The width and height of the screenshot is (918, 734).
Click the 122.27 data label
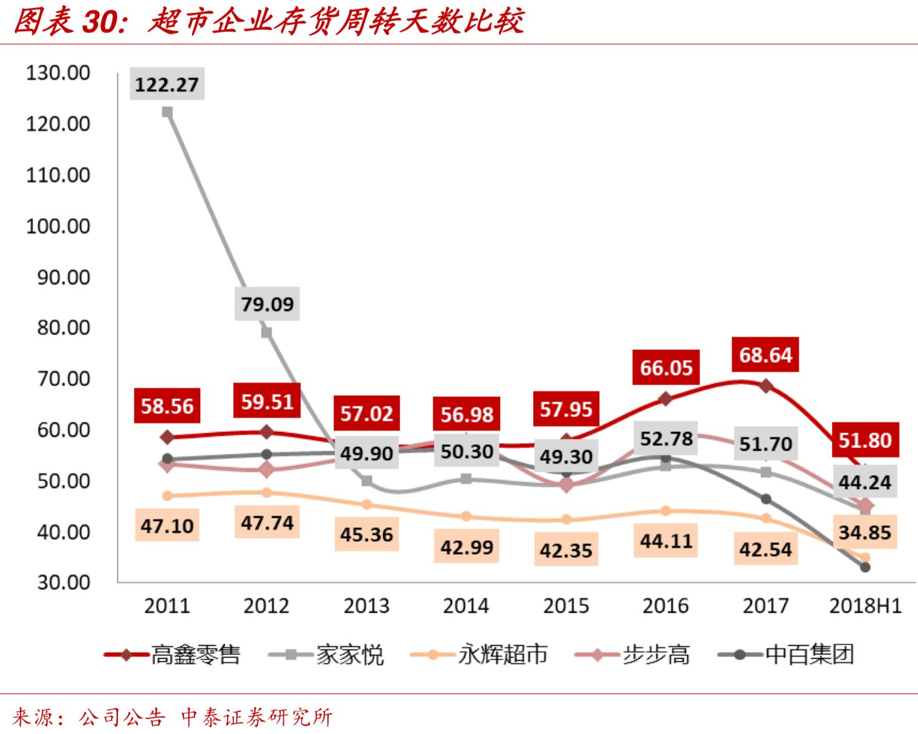(167, 83)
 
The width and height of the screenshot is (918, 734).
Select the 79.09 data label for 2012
(267, 303)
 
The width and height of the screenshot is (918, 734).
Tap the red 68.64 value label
(765, 355)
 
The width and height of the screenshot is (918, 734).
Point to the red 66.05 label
(665, 368)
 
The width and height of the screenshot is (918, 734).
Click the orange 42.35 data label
(566, 550)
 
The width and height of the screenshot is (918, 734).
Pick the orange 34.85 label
(864, 532)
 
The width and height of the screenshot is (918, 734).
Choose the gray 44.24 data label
(864, 482)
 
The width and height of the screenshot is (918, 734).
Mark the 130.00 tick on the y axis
(58, 73)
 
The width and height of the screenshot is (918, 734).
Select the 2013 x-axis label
(366, 606)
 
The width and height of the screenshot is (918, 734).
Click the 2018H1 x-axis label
(865, 606)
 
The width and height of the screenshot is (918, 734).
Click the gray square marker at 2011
(167, 112)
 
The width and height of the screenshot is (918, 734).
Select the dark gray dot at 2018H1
(865, 567)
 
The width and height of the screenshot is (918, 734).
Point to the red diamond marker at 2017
(766, 386)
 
